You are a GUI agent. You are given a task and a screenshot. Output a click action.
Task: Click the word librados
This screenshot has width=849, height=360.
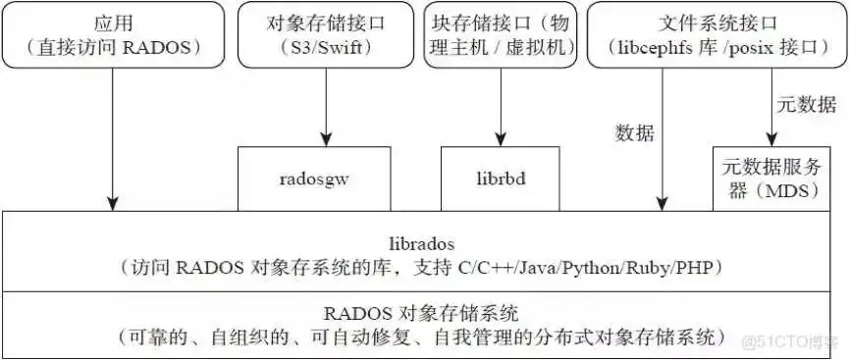(424, 239)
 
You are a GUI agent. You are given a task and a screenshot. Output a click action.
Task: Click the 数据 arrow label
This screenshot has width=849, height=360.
(634, 132)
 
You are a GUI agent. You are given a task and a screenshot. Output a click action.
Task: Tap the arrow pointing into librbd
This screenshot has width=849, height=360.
(501, 108)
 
